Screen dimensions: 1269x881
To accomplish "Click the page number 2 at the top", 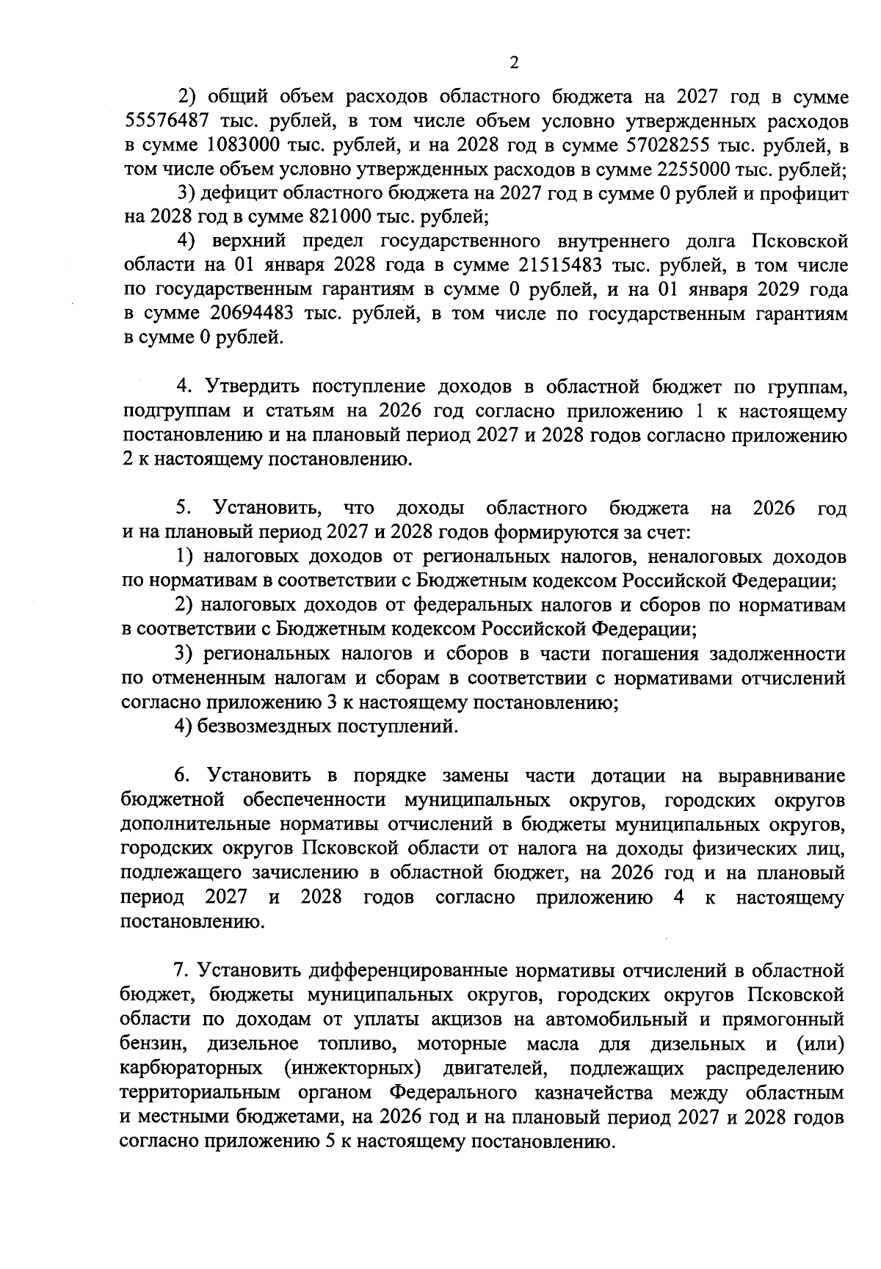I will point(514,63).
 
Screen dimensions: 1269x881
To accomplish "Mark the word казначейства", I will point(587,1091).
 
